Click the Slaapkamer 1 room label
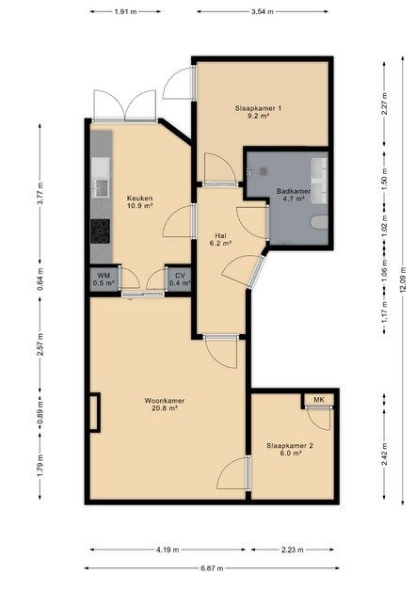[258, 108]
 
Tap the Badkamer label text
[294, 191]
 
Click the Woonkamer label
[164, 401]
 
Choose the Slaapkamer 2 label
[290, 446]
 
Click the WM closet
[104, 279]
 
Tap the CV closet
[180, 279]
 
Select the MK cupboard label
[319, 400]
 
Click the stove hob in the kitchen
[101, 231]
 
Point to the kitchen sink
[101, 187]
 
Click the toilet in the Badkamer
[319, 222]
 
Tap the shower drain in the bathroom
[263, 171]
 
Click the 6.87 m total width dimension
[212, 568]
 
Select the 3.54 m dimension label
[263, 11]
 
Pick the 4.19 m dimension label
[168, 549]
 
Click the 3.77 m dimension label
[40, 193]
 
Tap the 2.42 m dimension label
[384, 454]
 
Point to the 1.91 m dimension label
[125, 11]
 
